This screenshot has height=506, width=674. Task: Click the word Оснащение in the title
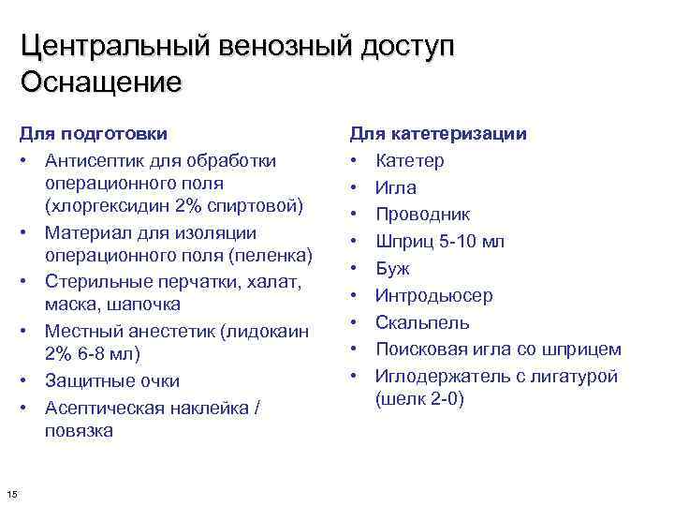pos(101,82)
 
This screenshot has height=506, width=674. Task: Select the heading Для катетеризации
pos(438,134)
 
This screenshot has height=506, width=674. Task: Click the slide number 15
pos(10,494)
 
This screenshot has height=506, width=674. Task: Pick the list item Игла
pos(395,188)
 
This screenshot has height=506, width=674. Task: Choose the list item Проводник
pos(422,215)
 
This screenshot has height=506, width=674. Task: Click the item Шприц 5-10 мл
pos(439,242)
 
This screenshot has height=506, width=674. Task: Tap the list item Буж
pos(391,269)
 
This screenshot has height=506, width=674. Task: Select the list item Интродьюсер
pos(433,296)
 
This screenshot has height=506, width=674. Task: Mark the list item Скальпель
pos(422,323)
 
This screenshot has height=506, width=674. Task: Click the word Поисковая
pos(418,350)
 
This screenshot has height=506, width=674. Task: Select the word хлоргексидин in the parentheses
pos(101,204)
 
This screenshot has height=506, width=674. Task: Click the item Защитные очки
pos(112,381)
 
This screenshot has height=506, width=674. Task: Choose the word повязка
pos(78,431)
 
